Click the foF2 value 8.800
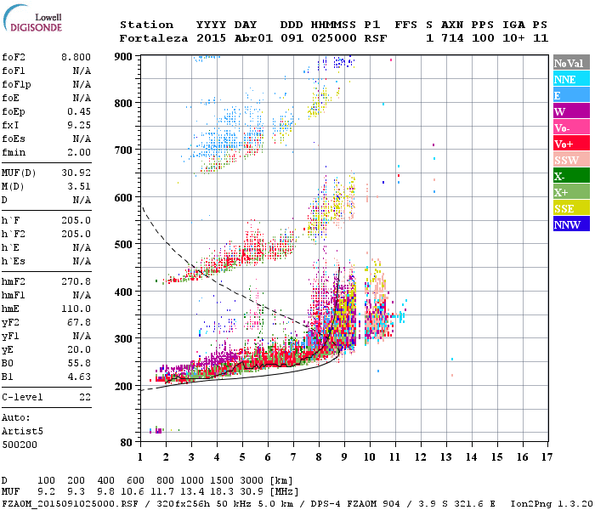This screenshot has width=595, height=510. [76, 56]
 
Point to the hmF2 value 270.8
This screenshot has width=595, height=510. [76, 280]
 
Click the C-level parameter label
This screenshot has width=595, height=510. [22, 397]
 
